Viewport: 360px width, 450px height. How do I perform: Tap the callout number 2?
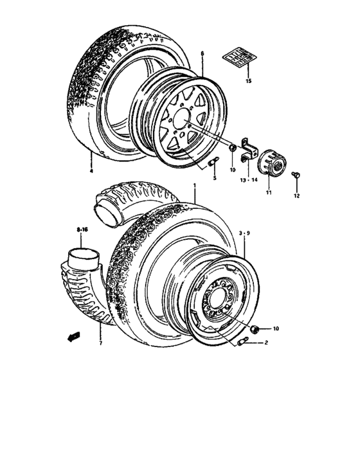tap(264, 344)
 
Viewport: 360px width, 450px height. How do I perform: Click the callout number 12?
tap(297, 195)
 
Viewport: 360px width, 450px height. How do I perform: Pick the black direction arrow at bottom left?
tap(72, 335)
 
